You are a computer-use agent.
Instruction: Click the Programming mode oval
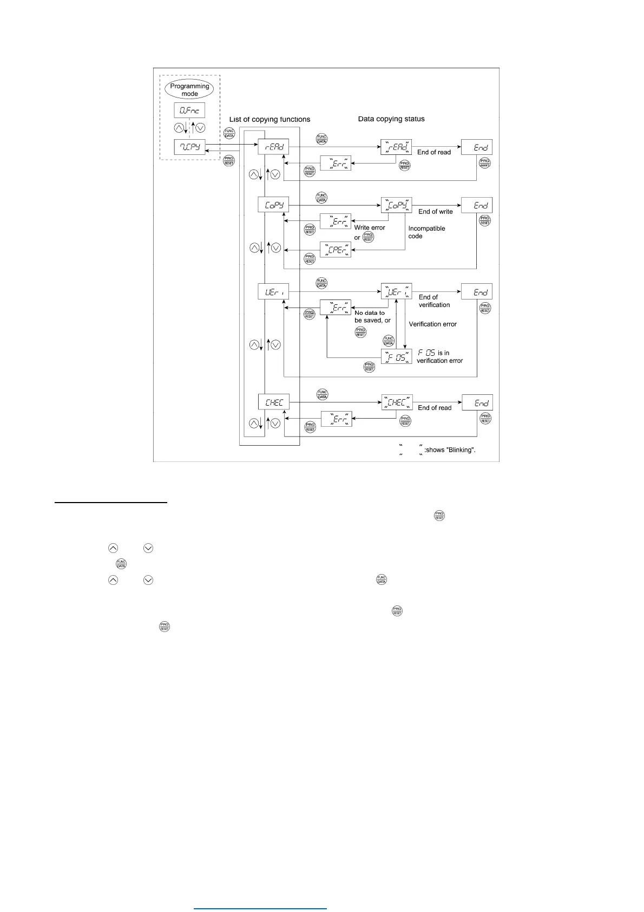coord(189,90)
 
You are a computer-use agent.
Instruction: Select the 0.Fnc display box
coord(189,110)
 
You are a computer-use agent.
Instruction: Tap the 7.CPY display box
coord(189,147)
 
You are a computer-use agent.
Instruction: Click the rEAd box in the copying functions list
coord(273,147)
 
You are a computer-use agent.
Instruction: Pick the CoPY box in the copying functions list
coord(273,205)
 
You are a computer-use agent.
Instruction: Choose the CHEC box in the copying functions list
coord(274,402)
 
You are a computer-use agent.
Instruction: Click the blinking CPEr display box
coord(336,250)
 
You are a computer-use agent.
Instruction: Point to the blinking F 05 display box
coord(397,356)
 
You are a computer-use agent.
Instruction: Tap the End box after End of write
coord(477,205)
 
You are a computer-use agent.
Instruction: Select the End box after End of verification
coord(477,292)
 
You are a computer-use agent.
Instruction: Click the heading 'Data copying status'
coord(391,119)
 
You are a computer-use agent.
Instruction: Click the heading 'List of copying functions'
coord(270,119)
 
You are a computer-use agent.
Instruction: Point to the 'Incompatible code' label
coord(426,232)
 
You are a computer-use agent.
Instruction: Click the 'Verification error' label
coord(432,324)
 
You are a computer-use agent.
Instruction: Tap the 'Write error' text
coord(370,227)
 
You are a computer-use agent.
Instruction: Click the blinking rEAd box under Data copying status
coord(397,147)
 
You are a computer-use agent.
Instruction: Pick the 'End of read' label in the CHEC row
coord(434,408)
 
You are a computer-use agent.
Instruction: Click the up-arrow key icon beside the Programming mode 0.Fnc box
coord(179,128)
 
